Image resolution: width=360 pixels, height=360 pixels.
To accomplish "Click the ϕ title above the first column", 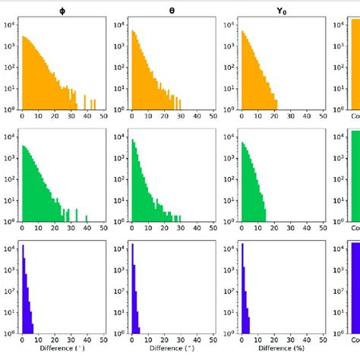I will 62,11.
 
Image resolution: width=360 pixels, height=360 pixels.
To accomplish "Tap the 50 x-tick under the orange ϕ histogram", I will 103,117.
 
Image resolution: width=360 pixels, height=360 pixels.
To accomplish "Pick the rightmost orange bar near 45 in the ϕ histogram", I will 93,103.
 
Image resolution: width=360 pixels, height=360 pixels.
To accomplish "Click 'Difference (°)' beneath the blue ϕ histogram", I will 62,349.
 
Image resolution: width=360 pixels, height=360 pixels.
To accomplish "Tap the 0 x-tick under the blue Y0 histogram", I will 241,340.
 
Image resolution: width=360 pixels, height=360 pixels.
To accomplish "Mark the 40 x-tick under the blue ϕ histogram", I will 86,340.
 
